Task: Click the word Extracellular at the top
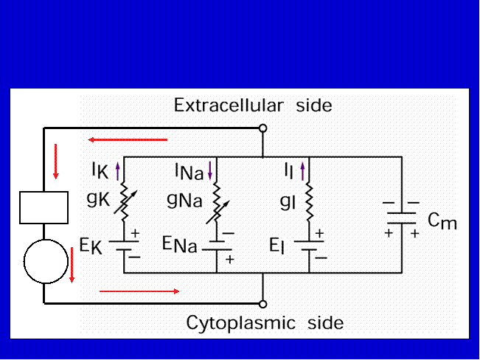click(229, 105)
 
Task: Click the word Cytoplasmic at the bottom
click(240, 323)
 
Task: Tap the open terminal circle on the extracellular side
click(262, 128)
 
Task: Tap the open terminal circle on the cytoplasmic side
click(262, 304)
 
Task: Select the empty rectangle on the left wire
click(44, 207)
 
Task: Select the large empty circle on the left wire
click(46, 261)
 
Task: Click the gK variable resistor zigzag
click(124, 202)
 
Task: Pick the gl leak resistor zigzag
click(309, 202)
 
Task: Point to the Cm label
click(442, 221)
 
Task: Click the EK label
click(91, 246)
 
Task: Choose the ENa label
click(180, 244)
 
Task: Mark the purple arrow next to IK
click(118, 171)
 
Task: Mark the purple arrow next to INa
click(209, 171)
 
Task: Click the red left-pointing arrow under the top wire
click(128, 139)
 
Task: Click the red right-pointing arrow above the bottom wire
click(139, 291)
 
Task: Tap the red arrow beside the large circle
click(72, 266)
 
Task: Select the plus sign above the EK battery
click(135, 233)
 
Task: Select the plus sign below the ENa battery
click(229, 259)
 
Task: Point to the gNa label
click(184, 201)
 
